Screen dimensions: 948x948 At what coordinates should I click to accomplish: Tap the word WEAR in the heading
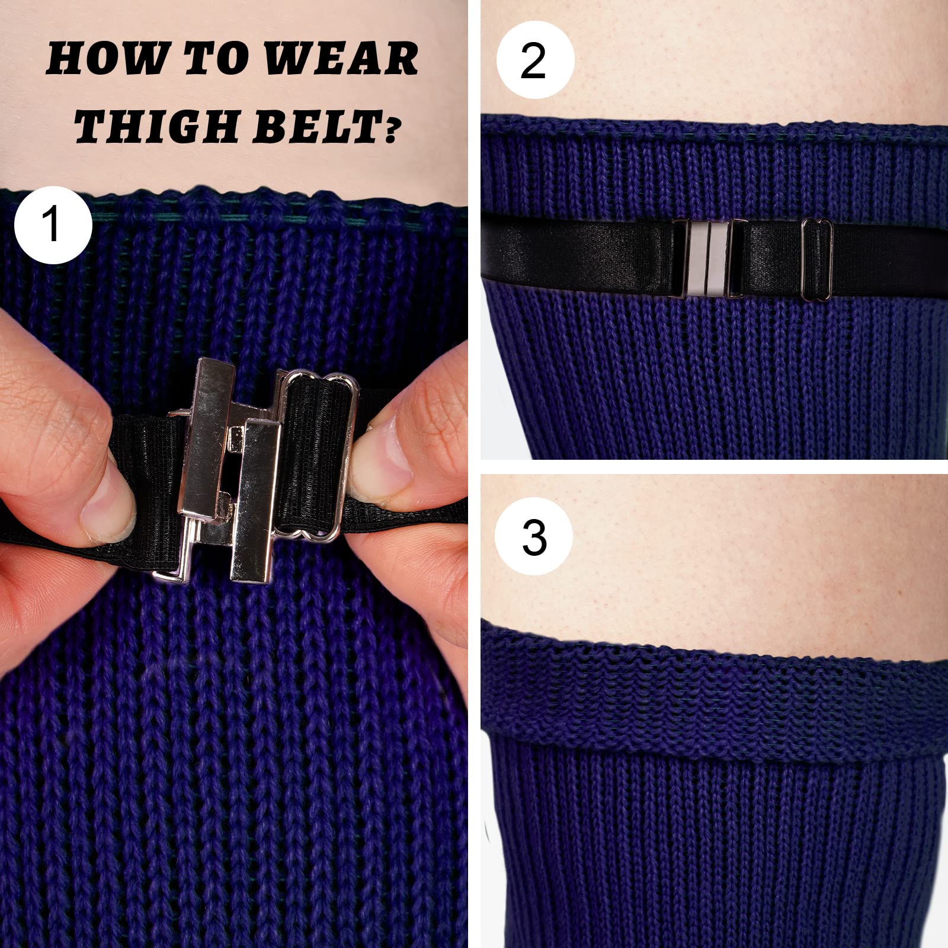[x=341, y=59]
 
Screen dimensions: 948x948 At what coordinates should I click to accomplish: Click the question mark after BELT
[x=389, y=130]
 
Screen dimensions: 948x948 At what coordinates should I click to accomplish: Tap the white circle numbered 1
[x=53, y=225]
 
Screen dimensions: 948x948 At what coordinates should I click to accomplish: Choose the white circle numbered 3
[x=534, y=536]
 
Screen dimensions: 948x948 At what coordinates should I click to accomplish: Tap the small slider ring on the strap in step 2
[x=818, y=261]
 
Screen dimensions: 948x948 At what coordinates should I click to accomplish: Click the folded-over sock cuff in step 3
[x=711, y=699]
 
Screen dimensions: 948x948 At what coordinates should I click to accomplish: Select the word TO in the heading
[x=216, y=59]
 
